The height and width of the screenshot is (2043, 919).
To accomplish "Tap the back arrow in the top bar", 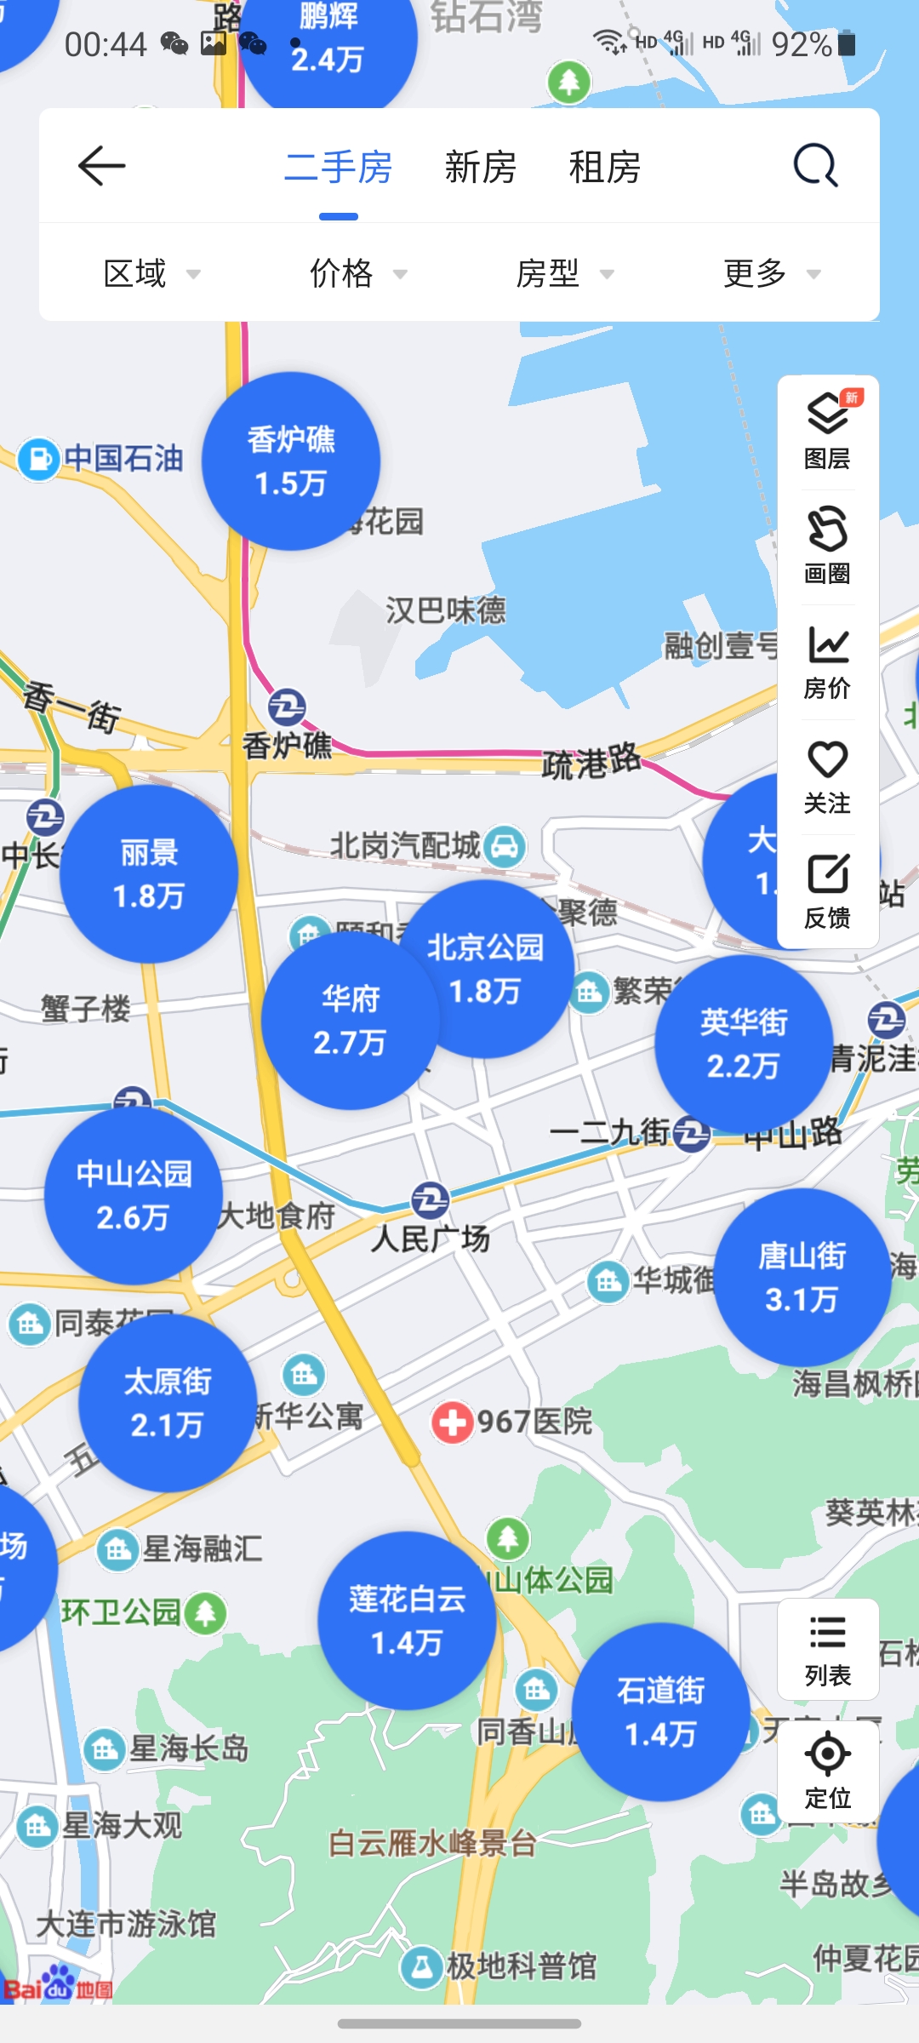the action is click(x=101, y=166).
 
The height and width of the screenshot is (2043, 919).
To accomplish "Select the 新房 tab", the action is click(x=481, y=167).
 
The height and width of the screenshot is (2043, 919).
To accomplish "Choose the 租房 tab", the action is click(x=605, y=167).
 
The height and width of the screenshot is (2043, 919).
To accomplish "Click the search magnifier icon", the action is click(x=816, y=166).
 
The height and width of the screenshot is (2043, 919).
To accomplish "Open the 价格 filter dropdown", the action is click(x=358, y=273).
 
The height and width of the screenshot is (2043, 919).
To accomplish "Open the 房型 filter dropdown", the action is click(x=564, y=273).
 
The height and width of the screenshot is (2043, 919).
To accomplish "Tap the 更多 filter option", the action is click(x=771, y=273).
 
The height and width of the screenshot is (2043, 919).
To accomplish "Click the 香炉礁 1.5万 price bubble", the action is click(x=291, y=461).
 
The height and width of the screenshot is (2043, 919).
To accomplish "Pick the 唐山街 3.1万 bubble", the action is click(x=802, y=1278).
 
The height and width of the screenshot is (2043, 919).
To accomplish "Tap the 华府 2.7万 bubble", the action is click(x=350, y=1021).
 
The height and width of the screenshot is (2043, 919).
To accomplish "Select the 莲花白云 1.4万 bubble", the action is click(x=407, y=1621).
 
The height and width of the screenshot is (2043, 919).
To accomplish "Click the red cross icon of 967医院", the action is click(x=452, y=1422).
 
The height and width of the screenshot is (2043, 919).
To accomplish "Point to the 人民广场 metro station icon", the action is click(x=430, y=1200).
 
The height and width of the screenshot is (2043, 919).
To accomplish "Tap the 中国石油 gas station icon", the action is click(x=38, y=460).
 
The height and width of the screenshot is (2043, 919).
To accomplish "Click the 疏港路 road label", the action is click(x=591, y=760).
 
